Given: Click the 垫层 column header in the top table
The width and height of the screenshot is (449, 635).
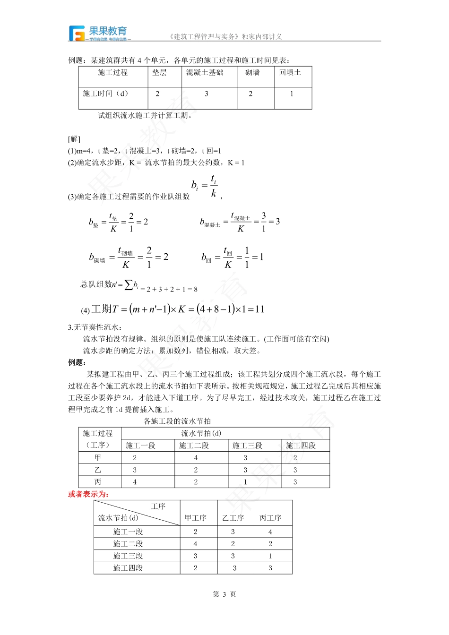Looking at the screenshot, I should coord(159,72).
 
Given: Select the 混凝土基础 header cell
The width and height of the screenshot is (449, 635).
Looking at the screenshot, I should coord(205,72).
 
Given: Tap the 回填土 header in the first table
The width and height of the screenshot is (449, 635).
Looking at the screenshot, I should coord(290,72).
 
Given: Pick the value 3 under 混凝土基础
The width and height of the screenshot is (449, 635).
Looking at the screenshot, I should coord(207,94).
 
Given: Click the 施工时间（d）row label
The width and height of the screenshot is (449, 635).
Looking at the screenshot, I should coord(106,94).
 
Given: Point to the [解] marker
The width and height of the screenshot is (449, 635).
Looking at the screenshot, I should coord(74,139).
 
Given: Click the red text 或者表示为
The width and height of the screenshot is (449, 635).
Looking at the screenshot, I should coord(89,494).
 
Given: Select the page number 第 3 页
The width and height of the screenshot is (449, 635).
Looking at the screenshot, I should coord(224,594).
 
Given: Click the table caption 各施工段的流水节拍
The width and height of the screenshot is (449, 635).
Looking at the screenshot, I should coord(177,421).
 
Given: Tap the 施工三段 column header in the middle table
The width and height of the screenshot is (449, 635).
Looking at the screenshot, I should coord(247,446).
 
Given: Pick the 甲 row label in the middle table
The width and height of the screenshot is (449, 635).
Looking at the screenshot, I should coord(98,457).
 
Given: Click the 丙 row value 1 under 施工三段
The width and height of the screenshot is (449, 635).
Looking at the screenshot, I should coord(245,482).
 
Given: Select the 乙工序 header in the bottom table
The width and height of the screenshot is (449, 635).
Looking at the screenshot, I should coord(233,518).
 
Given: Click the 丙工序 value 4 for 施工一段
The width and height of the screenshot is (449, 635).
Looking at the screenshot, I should coord(270,532).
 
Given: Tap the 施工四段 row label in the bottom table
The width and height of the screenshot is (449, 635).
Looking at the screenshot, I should coord(128,568).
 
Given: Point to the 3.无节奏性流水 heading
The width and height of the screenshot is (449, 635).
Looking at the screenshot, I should coord(95,327).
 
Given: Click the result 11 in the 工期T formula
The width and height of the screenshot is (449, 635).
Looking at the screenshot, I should coord(259,309).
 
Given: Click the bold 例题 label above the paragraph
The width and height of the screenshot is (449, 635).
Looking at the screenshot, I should coord(77,362).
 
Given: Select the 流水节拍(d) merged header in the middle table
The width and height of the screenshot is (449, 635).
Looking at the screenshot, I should coord(201,433).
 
